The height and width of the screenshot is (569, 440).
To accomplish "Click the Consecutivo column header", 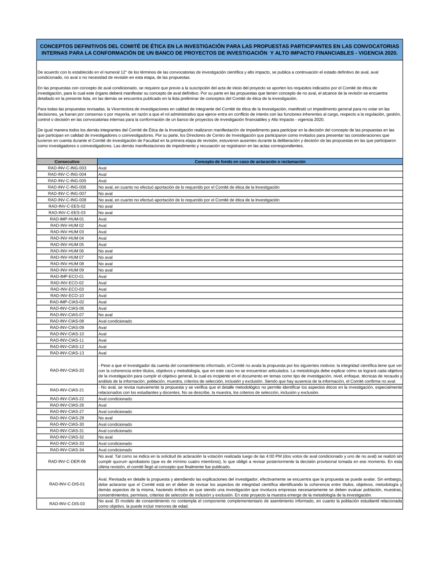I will [x=67, y=162].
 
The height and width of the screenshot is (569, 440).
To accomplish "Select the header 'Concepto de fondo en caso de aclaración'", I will [x=250, y=162].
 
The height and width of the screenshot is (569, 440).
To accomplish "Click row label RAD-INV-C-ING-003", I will [x=67, y=168].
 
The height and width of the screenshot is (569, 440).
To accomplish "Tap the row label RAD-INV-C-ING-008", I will [x=67, y=200].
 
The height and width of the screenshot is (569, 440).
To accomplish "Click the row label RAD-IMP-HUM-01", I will [x=67, y=219].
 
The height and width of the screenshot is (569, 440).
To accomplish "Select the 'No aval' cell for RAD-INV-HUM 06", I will [x=106, y=251].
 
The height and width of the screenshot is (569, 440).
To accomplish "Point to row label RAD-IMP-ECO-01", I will [x=67, y=277].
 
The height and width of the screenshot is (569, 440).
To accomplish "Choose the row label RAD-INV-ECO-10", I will [x=67, y=296].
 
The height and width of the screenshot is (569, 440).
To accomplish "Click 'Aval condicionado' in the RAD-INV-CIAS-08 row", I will [x=115, y=321].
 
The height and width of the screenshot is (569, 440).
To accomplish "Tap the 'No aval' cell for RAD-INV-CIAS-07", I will [x=106, y=315].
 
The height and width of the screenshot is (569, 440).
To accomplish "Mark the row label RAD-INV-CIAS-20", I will [x=67, y=370].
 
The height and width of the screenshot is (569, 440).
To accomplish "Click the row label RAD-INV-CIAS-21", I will [x=67, y=390].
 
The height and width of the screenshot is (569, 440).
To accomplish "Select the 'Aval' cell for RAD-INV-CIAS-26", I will [x=103, y=405].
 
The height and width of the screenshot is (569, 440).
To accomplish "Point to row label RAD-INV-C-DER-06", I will [x=67, y=462].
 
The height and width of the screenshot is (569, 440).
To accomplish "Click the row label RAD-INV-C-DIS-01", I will [x=67, y=484].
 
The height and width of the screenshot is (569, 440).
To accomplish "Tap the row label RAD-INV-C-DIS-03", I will [x=67, y=504].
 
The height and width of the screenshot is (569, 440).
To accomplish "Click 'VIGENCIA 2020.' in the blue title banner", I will [x=378, y=53].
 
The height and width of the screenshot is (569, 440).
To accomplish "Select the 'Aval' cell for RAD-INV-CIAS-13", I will [x=103, y=353].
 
